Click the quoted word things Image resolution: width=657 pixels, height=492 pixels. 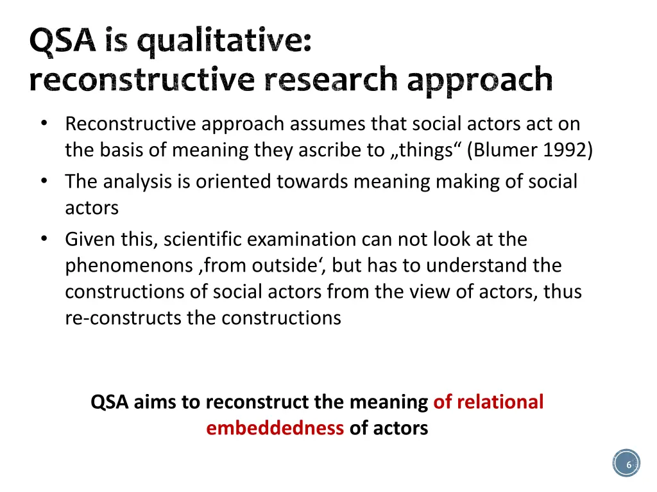point(424,150)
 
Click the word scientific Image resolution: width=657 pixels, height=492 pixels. point(203,240)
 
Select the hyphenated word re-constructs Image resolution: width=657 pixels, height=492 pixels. point(123,318)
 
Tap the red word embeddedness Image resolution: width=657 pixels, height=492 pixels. point(275,428)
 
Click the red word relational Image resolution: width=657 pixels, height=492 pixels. point(500,402)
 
